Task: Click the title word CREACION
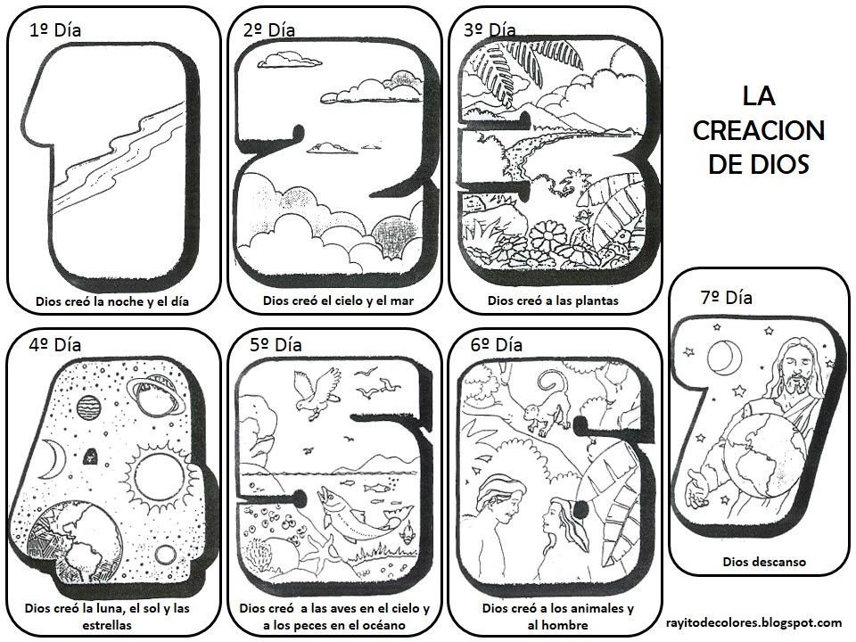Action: click(x=758, y=130)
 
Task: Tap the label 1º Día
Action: click(x=54, y=30)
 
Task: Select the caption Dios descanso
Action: click(x=764, y=562)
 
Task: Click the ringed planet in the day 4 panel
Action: click(x=156, y=396)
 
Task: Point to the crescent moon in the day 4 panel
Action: click(x=53, y=460)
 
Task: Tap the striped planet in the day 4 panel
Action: click(x=88, y=407)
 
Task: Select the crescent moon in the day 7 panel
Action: click(x=724, y=357)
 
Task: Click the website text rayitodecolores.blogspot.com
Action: click(x=753, y=622)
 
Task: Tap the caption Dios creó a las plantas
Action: click(x=553, y=300)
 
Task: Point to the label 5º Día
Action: click(x=276, y=345)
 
